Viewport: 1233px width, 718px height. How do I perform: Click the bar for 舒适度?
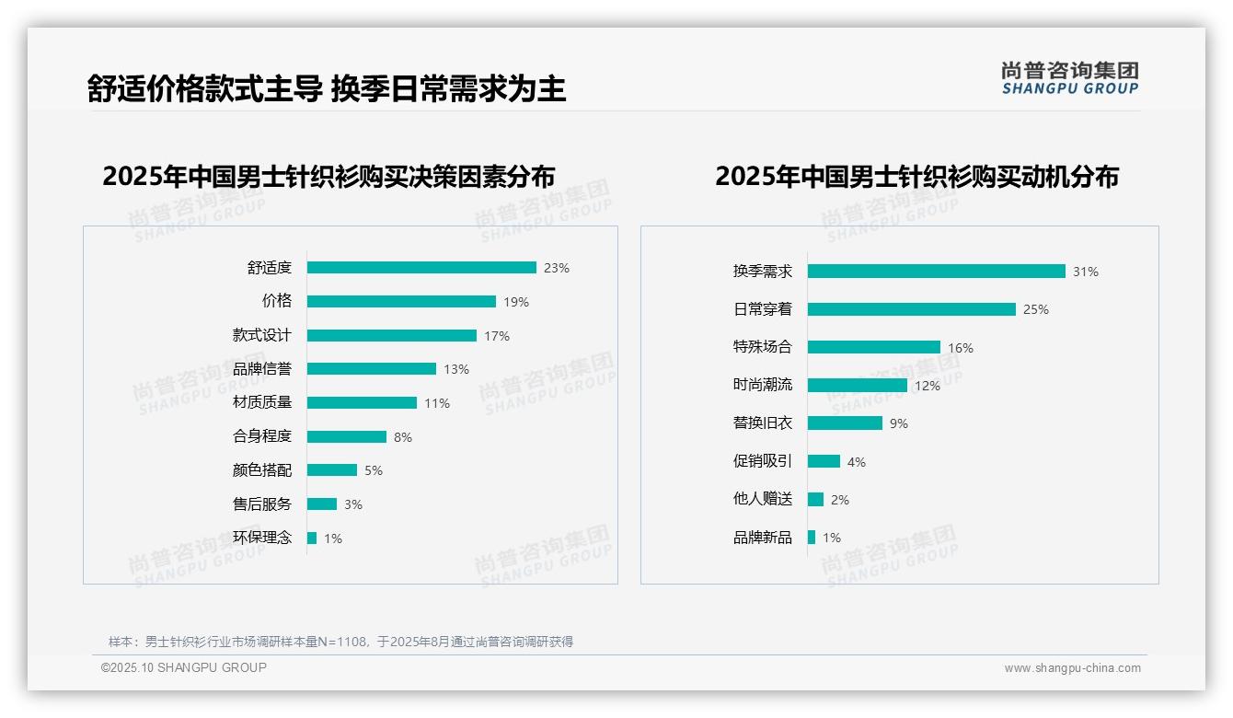point(421,268)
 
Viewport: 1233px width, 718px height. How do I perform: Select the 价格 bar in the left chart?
point(401,302)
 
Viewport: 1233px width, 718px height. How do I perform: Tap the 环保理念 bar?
point(312,538)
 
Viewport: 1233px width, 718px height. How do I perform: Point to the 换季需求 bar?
point(936,272)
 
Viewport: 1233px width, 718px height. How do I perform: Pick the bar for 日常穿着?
point(911,309)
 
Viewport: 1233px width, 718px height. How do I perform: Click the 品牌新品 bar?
point(812,538)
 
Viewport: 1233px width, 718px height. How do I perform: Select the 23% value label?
point(557,269)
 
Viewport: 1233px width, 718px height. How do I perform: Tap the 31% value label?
point(1086,272)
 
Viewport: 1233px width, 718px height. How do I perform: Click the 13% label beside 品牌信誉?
point(456,369)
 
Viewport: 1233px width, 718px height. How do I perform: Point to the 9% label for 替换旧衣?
point(899,423)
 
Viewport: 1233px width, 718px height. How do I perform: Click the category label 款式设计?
point(262,335)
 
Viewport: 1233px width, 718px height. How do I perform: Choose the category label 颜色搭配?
point(262,470)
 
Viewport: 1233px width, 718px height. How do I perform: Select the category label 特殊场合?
point(763,347)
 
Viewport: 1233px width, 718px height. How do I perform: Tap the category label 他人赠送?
point(763,499)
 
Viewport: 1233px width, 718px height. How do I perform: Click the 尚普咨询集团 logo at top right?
point(1070,78)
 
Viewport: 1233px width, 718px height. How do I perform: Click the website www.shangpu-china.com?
point(1072,668)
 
